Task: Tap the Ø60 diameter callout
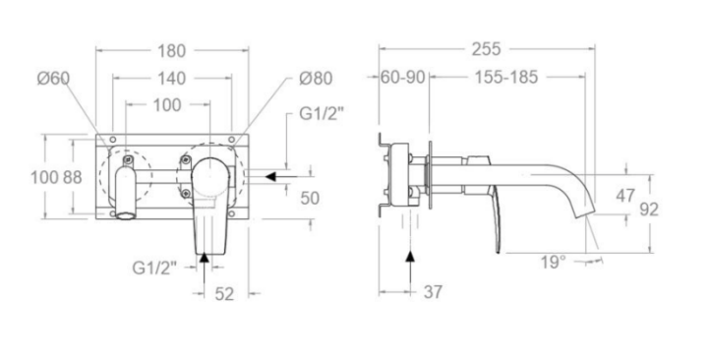(x=53, y=78)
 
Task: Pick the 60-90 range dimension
(x=403, y=77)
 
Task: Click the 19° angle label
(x=554, y=262)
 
